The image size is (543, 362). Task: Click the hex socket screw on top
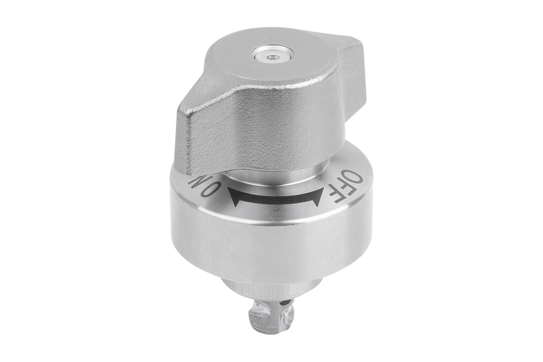pos(272,57)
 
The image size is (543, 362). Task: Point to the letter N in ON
pos(197,181)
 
